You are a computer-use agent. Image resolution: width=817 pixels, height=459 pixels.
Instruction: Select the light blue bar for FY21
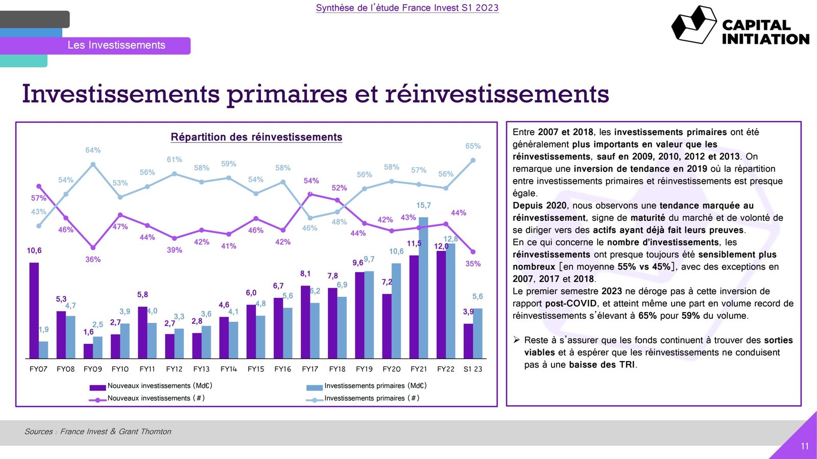(x=423, y=288)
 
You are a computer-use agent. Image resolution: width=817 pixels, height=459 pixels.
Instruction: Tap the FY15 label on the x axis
(x=256, y=369)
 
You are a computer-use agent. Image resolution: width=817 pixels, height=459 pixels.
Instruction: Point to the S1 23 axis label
(x=473, y=369)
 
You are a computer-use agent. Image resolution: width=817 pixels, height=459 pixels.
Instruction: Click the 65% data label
(x=473, y=146)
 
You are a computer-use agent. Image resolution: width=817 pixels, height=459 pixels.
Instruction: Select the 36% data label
(x=93, y=259)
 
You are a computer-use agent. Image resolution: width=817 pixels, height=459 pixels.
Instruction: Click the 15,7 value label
(x=423, y=205)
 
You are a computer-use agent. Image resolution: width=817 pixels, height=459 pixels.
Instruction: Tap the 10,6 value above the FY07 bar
(x=34, y=250)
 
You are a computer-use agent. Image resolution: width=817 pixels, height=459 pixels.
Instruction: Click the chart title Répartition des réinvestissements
(x=256, y=137)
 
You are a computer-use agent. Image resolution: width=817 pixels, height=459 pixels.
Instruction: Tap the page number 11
(x=805, y=446)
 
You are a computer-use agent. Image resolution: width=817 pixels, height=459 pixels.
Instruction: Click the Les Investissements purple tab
(x=116, y=45)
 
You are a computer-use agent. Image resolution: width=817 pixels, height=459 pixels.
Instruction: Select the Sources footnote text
(x=98, y=431)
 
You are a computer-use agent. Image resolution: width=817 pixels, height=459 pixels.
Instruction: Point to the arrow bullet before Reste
(x=517, y=340)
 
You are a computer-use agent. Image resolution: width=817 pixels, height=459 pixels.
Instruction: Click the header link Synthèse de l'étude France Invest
(x=407, y=8)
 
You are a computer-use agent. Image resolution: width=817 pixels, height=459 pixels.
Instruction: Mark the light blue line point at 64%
(x=93, y=164)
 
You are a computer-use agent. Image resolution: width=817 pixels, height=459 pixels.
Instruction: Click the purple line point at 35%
(x=473, y=252)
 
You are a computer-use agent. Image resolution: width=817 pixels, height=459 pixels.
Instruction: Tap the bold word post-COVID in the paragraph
(x=570, y=303)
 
